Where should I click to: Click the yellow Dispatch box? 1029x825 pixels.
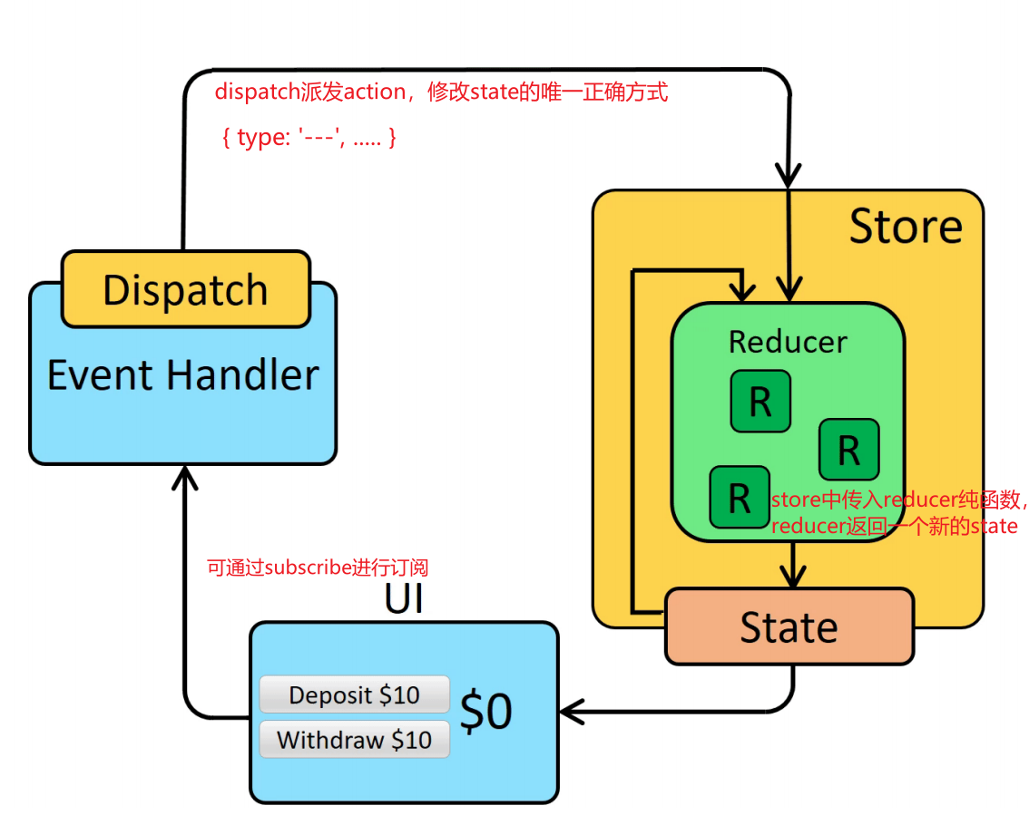[x=186, y=288]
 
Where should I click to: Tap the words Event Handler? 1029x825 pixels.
[x=183, y=374]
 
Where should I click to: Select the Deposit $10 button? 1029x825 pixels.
[x=355, y=694]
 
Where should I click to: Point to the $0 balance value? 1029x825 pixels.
[x=486, y=712]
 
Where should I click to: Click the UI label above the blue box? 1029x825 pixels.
[x=404, y=598]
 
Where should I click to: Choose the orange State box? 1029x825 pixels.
[x=789, y=627]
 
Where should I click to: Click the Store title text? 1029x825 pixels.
[x=906, y=227]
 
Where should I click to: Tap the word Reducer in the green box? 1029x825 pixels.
[x=788, y=342]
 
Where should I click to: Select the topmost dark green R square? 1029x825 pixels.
[x=760, y=401]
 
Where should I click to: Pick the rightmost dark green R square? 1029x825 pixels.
[x=849, y=450]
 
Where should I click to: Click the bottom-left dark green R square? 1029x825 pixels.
[x=740, y=497]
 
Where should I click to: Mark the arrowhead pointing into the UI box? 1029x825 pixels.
[x=571, y=712]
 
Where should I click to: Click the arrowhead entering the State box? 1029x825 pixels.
[x=793, y=577]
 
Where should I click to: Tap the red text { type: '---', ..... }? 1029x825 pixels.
[x=309, y=138]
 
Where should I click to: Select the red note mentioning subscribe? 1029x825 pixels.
[x=318, y=568]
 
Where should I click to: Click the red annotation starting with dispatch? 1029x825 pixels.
[x=441, y=92]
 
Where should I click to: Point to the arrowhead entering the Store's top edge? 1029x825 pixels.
[x=789, y=177]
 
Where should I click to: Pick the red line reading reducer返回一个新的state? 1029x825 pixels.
[x=895, y=526]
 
